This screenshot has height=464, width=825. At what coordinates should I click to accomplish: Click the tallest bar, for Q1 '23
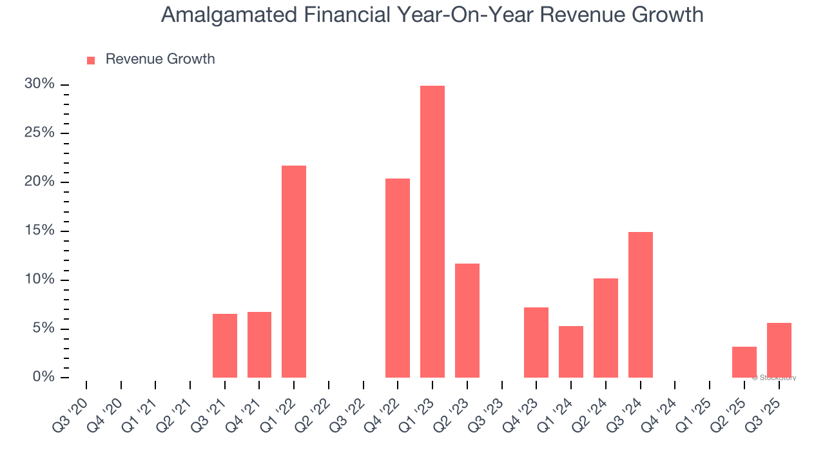[432, 231]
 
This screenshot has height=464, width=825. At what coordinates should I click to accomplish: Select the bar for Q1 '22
[294, 271]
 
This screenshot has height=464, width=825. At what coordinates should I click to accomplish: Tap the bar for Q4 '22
[398, 278]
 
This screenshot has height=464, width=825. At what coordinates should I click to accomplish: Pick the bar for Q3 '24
[640, 304]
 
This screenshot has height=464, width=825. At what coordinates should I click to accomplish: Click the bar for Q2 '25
[744, 362]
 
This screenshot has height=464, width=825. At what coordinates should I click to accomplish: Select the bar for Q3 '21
[225, 345]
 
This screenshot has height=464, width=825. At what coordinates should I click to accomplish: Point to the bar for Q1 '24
[571, 352]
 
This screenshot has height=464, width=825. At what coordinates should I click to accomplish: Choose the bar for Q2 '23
[467, 320]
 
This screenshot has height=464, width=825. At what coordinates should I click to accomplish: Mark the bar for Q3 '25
[779, 350]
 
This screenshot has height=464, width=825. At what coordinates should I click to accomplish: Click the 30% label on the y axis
[39, 84]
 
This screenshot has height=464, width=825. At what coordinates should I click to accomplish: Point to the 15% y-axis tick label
[39, 231]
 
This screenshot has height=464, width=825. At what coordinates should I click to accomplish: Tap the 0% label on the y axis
[43, 377]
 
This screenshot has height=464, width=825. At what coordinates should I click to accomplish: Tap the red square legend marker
[91, 60]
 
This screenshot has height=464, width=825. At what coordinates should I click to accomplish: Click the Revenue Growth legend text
[160, 59]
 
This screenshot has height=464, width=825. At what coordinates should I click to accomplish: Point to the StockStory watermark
[773, 378]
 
